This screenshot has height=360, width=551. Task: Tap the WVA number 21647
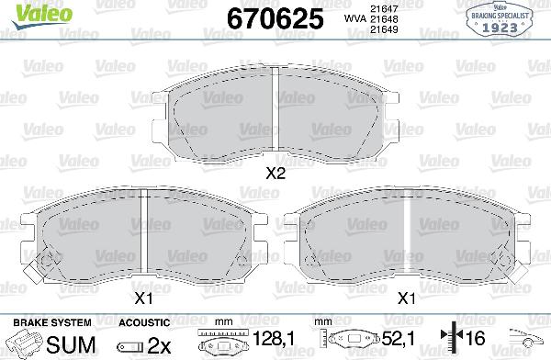tap(377, 8)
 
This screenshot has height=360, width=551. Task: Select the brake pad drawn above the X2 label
tap(275, 115)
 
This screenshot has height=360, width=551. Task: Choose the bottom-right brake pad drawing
tap(406, 237)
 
